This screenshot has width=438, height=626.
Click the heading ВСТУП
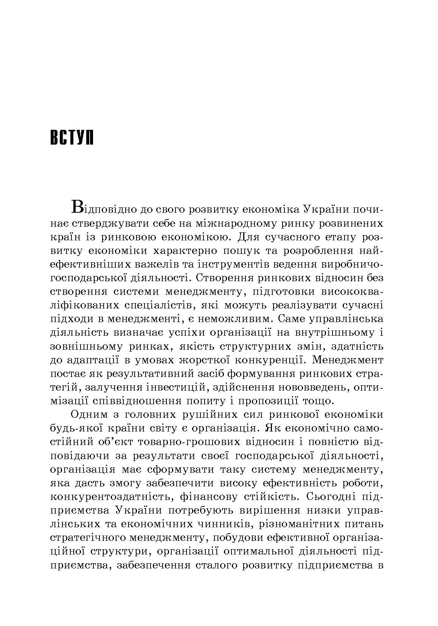(x=71, y=138)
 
